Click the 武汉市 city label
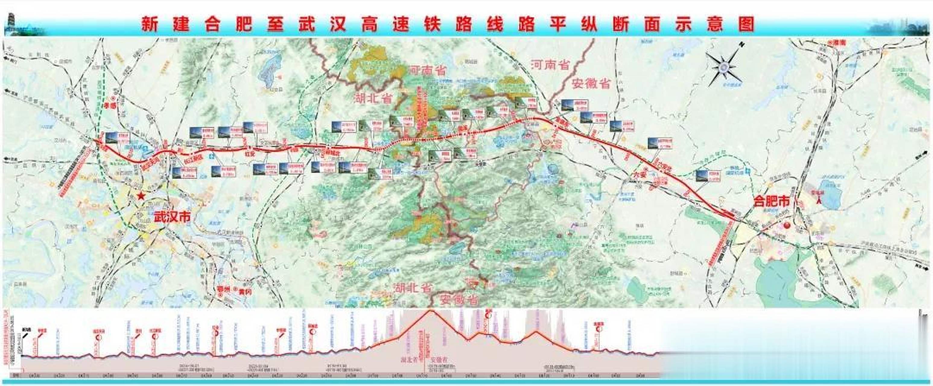pos(172,217)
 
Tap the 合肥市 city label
pos(771,201)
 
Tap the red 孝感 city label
pos(109,105)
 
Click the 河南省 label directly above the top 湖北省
pos(428,70)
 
